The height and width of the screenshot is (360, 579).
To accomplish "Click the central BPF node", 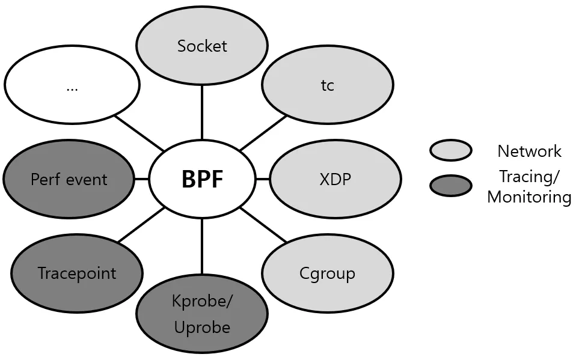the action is tap(202, 178).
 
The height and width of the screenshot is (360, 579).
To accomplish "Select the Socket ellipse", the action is tap(202, 46).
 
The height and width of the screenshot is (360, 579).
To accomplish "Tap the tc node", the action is tap(328, 85).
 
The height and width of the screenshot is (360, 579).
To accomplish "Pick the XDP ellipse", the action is tap(335, 179).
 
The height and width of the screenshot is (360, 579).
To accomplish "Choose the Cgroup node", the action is tap(328, 273).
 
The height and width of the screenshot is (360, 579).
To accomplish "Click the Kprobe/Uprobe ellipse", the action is tap(202, 314).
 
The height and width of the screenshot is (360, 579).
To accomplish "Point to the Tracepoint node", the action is tap(77, 273).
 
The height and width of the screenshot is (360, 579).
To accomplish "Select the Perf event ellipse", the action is tap(69, 179).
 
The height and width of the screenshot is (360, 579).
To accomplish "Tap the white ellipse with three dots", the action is tap(72, 85).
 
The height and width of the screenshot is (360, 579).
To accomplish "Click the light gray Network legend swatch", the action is tap(451, 150).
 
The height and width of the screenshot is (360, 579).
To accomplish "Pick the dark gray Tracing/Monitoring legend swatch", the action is tap(451, 185).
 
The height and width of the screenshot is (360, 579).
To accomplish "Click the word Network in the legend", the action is tap(529, 151).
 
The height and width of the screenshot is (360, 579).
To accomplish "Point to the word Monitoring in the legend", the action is tap(529, 197).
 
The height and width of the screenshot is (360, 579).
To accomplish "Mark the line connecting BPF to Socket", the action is tap(202, 112).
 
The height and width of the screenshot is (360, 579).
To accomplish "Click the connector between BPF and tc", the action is tap(263, 133).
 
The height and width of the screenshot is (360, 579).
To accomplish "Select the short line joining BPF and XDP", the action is tap(263, 179).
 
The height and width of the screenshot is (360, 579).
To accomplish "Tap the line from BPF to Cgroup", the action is tap(263, 225).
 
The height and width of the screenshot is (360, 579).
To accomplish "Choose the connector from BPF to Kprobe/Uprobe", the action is tap(202, 246).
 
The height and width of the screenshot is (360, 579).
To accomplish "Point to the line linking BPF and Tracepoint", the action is tap(141, 225).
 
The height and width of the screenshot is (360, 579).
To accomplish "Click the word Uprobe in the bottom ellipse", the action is tap(202, 328).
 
